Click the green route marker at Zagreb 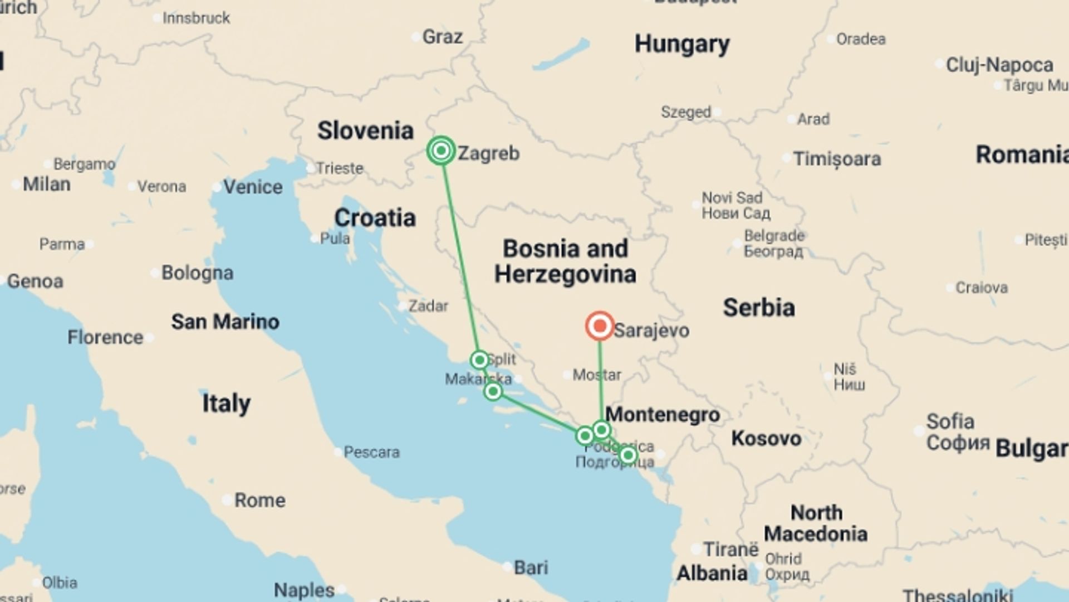(x=441, y=151)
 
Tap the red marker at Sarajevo (x=600, y=326)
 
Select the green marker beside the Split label (x=479, y=360)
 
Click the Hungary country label (x=682, y=44)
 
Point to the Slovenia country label (x=365, y=131)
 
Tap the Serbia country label (x=759, y=308)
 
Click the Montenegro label (x=663, y=415)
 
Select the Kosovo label (x=766, y=439)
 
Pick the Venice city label (x=253, y=187)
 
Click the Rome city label (x=259, y=500)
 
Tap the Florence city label (x=105, y=337)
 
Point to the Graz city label (x=442, y=37)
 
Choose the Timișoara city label (x=837, y=159)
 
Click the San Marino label (x=225, y=322)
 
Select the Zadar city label (x=428, y=305)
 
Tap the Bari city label (x=531, y=567)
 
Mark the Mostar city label (x=597, y=375)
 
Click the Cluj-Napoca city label (x=999, y=65)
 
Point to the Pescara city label (x=371, y=452)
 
